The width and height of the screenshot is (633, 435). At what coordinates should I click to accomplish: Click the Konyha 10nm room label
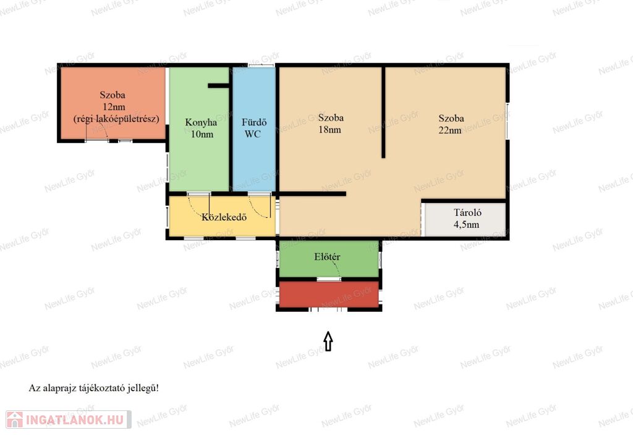click(201, 128)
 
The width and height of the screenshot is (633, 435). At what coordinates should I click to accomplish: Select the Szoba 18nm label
click(331, 123)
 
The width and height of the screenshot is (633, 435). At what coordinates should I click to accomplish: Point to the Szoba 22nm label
click(451, 124)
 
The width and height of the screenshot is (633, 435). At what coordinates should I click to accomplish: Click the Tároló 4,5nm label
click(467, 218)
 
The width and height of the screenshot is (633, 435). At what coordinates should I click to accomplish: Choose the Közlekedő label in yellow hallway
click(224, 217)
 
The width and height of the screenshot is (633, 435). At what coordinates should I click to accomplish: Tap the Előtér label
click(327, 257)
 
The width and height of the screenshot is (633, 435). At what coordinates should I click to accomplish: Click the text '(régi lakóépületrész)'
click(116, 119)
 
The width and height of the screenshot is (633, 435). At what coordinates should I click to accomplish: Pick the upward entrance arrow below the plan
click(328, 341)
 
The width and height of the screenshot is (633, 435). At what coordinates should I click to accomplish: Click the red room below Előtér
click(329, 295)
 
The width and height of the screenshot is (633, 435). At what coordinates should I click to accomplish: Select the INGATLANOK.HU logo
click(69, 420)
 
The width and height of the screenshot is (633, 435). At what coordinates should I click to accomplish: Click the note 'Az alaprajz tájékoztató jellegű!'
click(94, 388)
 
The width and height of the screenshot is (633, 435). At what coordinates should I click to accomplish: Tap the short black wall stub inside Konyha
click(218, 85)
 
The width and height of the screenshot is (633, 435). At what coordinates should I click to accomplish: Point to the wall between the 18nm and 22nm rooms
click(383, 112)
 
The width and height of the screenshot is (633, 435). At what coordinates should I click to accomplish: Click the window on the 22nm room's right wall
click(508, 121)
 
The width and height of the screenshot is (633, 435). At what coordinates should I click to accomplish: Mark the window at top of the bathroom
click(261, 65)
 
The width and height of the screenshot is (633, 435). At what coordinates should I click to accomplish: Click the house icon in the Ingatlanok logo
click(15, 420)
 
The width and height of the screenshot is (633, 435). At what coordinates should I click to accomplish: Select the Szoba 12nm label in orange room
click(113, 101)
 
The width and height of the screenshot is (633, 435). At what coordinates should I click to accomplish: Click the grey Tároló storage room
click(464, 219)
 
